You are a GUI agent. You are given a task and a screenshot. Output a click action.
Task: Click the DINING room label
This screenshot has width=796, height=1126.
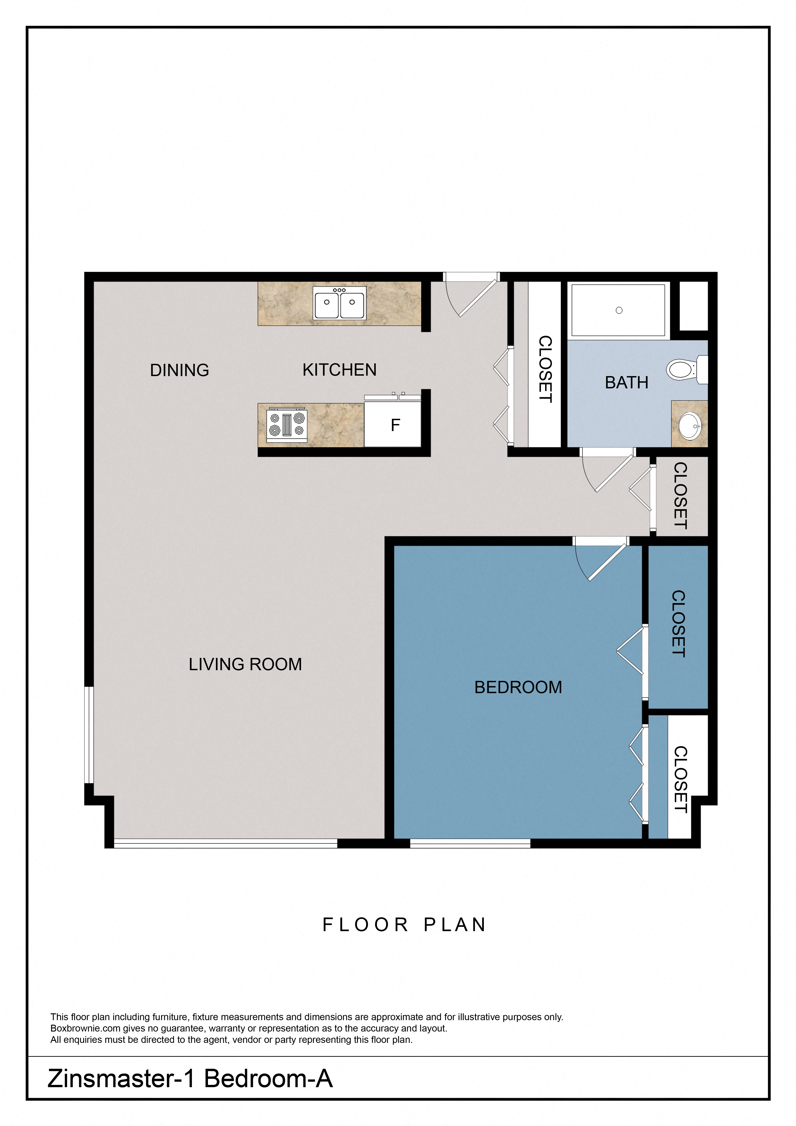click(179, 370)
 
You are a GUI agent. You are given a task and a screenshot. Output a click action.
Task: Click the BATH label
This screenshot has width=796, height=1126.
click(626, 382)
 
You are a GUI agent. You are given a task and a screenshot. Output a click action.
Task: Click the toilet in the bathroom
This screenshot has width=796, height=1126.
click(684, 369)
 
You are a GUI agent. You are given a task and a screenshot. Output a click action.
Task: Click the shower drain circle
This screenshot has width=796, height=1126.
click(619, 310)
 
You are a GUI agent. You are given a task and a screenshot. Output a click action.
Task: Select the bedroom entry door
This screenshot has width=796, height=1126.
click(603, 561)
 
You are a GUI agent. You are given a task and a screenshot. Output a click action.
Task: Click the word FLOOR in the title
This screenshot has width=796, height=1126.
click(365, 925)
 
